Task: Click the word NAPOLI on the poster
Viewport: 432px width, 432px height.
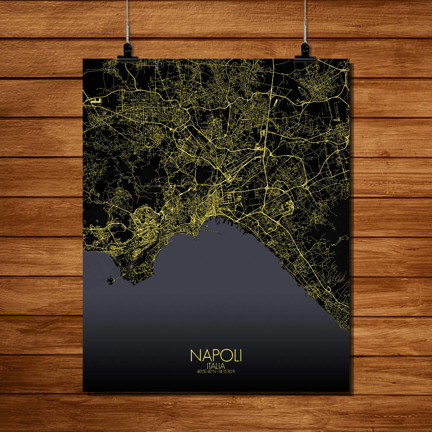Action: pos(216,355)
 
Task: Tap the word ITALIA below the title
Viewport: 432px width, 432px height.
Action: pos(216,365)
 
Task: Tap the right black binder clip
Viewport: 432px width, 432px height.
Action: pos(305,51)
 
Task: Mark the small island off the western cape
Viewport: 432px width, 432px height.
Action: pos(111,281)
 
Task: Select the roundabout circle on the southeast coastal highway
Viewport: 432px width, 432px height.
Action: pos(328,289)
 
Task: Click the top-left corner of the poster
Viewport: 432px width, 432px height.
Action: pos(83,59)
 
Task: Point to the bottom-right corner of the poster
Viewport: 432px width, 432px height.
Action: pos(349,391)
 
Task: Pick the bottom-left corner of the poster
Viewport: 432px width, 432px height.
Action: pos(83,391)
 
